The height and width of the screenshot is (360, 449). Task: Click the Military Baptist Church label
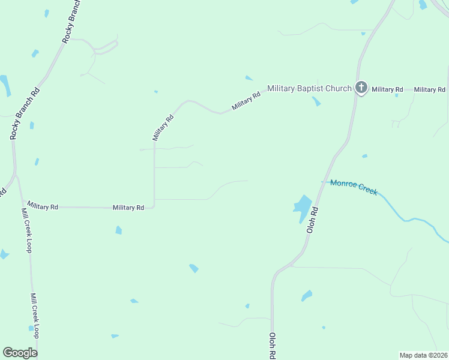[309, 89]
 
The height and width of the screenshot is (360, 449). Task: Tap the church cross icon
[361, 88]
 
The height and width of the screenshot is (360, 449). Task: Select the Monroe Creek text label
[354, 187]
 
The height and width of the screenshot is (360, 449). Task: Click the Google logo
[20, 353]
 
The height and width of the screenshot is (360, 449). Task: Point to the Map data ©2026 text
[424, 355]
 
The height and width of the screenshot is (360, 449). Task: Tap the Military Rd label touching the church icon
[387, 89]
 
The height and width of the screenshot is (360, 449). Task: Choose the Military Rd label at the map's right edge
[429, 89]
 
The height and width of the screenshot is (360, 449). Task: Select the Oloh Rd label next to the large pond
[312, 220]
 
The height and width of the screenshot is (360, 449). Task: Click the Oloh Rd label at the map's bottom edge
[273, 346]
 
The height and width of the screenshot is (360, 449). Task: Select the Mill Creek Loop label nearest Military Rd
[26, 230]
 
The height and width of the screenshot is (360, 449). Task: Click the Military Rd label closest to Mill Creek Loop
[43, 206]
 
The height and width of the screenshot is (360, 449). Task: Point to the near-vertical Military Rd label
[162, 127]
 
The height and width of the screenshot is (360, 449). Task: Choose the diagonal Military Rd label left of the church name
[247, 101]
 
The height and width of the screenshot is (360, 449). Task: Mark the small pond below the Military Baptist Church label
[316, 102]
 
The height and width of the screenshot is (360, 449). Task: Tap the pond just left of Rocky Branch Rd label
[5, 86]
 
